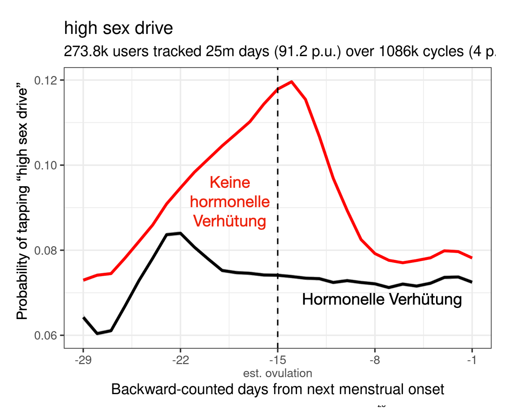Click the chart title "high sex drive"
pos(118,29)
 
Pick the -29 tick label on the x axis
pos(83,359)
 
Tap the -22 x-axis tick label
pos(180,359)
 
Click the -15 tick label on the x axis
pos(278,359)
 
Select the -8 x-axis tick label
pos(375,359)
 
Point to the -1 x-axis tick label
pos(472,359)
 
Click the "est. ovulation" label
pos(278,373)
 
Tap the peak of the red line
pos(292,81)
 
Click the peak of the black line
pos(180,233)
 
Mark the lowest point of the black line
pos(97,333)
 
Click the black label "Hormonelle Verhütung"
pos(382,300)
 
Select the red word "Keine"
pos(230,183)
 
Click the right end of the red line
pos(472,258)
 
